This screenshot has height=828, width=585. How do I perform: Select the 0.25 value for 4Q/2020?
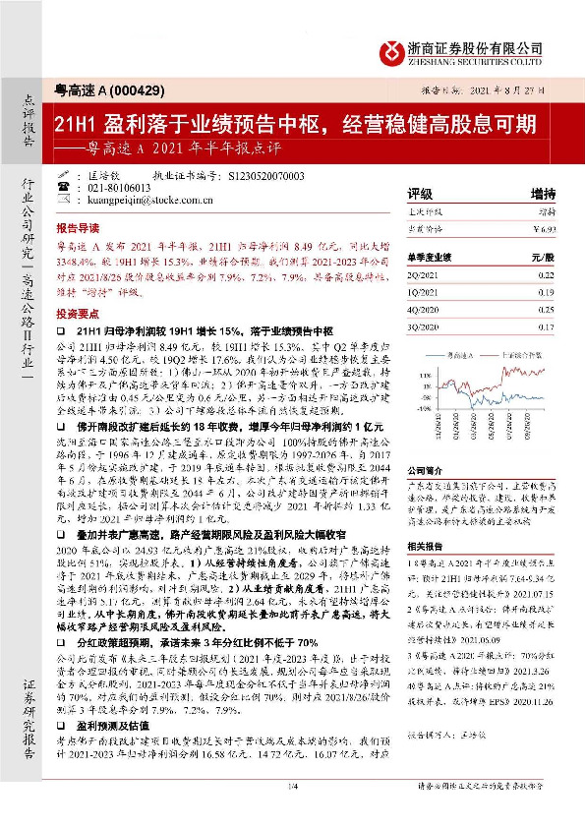pos(546,310)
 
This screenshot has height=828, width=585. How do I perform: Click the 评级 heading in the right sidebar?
pos(420,193)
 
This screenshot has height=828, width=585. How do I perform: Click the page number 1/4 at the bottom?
pos(292,811)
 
